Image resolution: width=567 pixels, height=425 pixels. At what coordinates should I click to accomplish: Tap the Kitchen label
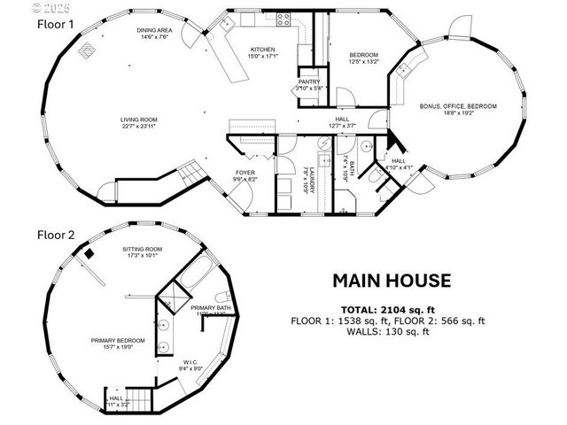pyautogui.click(x=263, y=50)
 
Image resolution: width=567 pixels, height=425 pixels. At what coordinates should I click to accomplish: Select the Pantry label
pyautogui.click(x=308, y=81)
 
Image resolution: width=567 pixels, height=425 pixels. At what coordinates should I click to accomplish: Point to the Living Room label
pyautogui.click(x=139, y=120)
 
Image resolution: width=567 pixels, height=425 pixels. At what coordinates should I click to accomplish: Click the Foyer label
pyautogui.click(x=245, y=173)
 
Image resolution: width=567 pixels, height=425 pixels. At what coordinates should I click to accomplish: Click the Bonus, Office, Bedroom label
pyautogui.click(x=458, y=106)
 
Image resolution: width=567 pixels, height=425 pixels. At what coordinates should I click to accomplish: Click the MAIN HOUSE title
pyautogui.click(x=392, y=282)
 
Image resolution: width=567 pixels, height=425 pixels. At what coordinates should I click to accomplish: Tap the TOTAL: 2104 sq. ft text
pyautogui.click(x=390, y=309)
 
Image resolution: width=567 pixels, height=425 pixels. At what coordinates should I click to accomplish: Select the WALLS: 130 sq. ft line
pyautogui.click(x=391, y=332)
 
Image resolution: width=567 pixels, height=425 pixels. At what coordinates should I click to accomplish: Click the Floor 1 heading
pyautogui.click(x=56, y=25)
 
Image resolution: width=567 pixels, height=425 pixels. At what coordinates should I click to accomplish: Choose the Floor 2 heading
pyautogui.click(x=56, y=236)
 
